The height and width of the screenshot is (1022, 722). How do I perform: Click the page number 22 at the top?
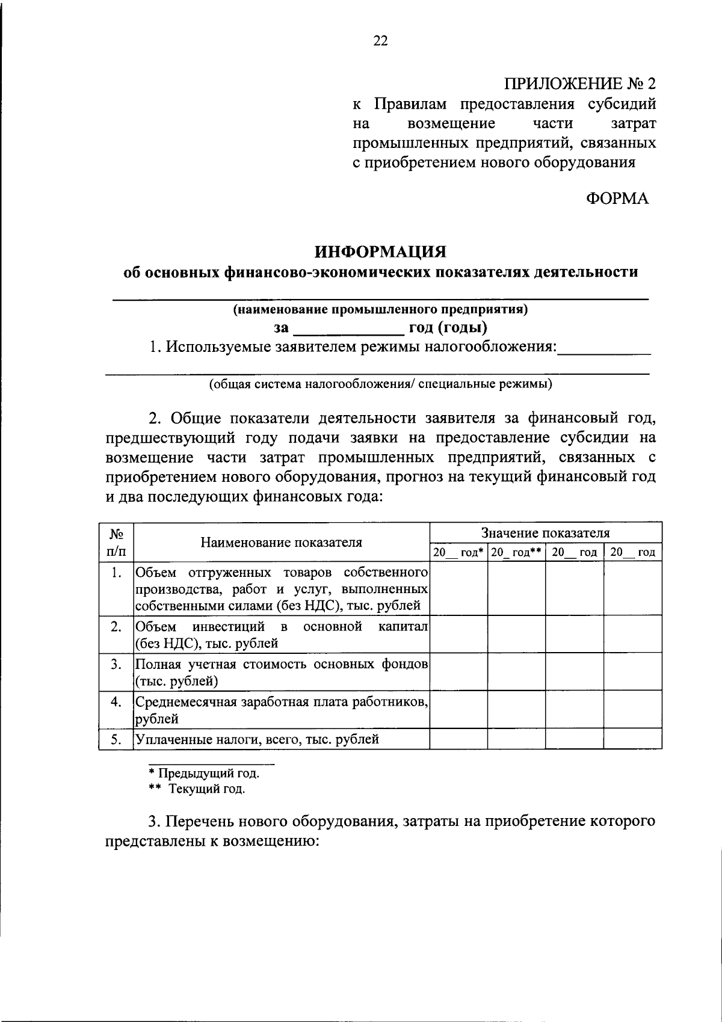pos(380,41)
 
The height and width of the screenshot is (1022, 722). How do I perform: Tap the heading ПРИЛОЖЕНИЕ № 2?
pos(579,83)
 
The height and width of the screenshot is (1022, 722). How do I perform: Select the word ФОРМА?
pos(617,199)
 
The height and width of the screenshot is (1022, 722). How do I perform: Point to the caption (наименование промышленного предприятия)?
pos(380,310)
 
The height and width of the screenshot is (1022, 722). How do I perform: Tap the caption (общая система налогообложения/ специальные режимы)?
pos(380,384)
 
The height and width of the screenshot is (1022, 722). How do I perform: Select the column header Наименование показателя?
pos(282,542)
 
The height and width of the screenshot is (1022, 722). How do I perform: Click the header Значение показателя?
pos(545,532)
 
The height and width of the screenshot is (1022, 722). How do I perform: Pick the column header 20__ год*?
pos(458,552)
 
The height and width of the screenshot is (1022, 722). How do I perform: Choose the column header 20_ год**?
pos(516,552)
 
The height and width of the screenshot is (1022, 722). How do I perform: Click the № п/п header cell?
pos(116,542)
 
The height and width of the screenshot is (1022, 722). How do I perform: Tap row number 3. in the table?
pos(116,664)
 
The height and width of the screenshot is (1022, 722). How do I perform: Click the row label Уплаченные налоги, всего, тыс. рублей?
pos(258,739)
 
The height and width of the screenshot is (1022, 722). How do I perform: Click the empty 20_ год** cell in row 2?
pos(516,635)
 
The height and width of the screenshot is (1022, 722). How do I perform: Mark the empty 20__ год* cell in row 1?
pos(458,588)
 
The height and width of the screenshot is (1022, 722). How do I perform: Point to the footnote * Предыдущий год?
pos(204,773)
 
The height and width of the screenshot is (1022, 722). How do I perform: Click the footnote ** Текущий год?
pos(197,789)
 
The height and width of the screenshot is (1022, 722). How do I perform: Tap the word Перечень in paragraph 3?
pos(200,821)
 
